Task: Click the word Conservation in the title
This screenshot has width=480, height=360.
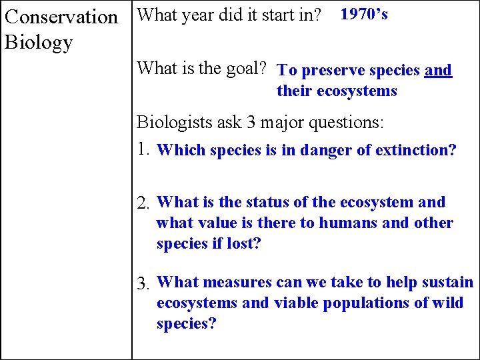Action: [x=61, y=16]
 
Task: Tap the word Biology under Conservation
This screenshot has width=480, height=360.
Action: [x=38, y=43]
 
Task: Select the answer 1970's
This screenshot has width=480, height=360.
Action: [x=364, y=14]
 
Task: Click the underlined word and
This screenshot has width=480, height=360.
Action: [x=438, y=71]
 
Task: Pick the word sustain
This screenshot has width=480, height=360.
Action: [x=445, y=282]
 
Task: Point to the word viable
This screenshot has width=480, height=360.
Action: [x=295, y=303]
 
